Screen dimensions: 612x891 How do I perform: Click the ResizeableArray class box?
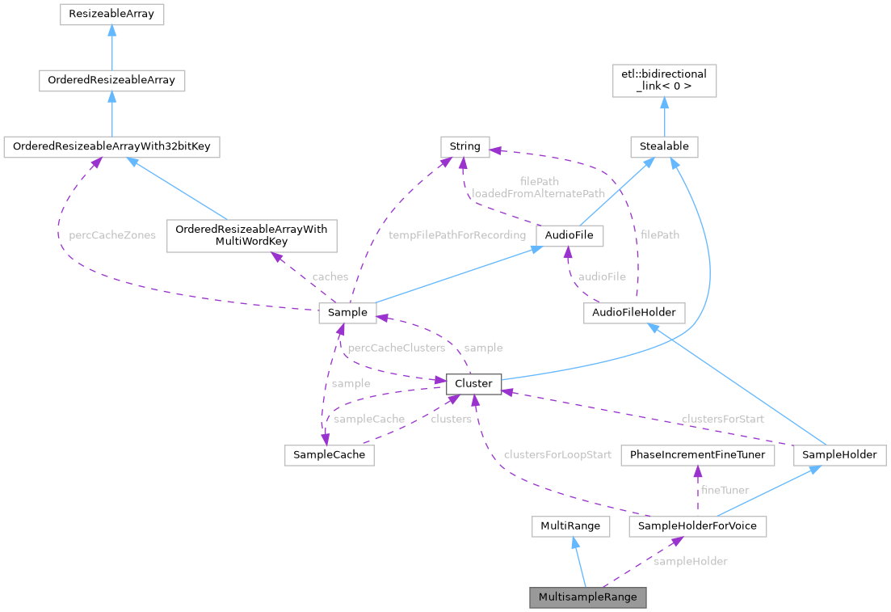coord(111,15)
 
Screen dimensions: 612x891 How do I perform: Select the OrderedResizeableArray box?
coord(111,81)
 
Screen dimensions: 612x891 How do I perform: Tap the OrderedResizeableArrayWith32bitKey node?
coord(111,147)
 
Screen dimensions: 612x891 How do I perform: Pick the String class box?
coord(464,147)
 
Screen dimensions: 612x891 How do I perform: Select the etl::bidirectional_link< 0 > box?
coord(664,81)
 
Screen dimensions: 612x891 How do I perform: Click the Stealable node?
coord(664,147)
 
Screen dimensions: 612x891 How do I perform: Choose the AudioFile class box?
coord(569,235)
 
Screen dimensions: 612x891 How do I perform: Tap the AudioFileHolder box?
coord(634,313)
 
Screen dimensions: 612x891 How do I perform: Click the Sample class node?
coord(348,313)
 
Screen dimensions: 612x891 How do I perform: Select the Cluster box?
coord(473,383)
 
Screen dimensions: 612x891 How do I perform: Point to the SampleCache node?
coord(329,455)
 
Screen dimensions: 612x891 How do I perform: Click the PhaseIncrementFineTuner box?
coord(697,455)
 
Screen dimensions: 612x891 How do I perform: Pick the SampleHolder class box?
coord(839,455)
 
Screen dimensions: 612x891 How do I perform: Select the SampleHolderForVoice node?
coord(697,526)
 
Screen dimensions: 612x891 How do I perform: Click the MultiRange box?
coord(570,526)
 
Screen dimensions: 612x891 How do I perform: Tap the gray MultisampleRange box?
coord(588,597)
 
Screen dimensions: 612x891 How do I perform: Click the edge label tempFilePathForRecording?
coord(456,235)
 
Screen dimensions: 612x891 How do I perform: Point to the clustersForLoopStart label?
coord(557,455)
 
